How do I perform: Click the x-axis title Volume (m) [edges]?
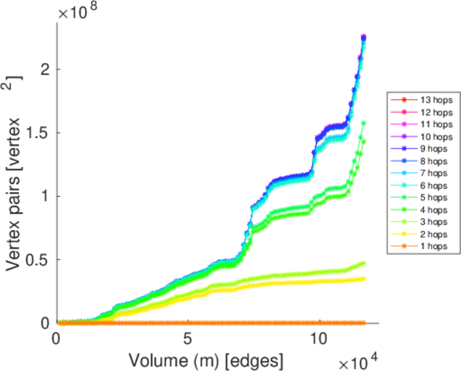pos(206,360)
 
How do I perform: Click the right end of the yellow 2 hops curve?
pos(363,279)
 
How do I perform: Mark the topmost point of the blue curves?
pos(363,36)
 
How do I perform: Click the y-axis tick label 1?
pos(45,197)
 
